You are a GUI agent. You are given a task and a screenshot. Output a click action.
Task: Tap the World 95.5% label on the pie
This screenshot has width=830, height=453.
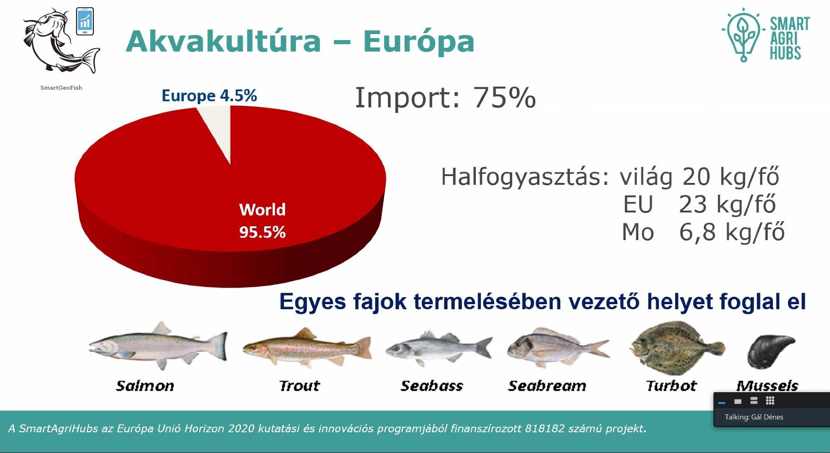click(263, 221)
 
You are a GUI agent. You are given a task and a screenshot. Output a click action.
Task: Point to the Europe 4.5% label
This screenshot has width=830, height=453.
click(209, 96)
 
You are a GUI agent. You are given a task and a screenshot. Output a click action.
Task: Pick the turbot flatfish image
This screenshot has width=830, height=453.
click(677, 347)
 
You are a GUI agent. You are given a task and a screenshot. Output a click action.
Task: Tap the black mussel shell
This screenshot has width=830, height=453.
click(771, 352)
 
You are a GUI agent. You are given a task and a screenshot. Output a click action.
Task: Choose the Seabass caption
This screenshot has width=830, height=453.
click(432, 386)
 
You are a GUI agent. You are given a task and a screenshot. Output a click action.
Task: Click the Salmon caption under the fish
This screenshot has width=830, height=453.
click(145, 386)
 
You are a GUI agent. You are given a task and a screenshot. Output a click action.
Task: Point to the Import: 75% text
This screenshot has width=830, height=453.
click(445, 98)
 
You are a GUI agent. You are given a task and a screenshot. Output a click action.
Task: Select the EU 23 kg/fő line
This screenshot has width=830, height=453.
click(699, 204)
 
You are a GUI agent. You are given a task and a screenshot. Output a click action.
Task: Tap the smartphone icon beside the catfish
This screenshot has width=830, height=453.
click(85, 21)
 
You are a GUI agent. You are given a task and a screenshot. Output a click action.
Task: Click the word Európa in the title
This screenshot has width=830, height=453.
click(419, 41)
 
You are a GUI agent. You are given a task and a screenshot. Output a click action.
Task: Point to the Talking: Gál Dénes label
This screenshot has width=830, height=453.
click(754, 417)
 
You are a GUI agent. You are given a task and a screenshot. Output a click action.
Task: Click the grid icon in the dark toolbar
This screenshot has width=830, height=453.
click(770, 400)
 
